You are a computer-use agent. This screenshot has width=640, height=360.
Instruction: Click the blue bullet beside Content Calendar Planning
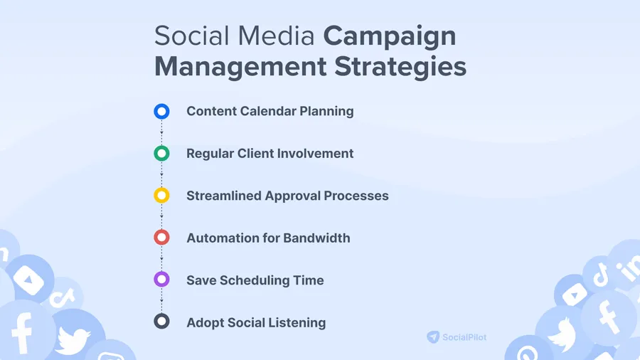point(161,111)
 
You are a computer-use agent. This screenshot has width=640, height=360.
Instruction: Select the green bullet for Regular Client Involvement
point(161,153)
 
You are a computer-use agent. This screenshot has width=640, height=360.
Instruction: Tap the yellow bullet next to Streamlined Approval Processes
point(161,195)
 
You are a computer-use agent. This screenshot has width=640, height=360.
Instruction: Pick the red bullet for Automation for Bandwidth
point(161,238)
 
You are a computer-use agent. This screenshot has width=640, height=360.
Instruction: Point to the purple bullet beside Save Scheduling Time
point(161,280)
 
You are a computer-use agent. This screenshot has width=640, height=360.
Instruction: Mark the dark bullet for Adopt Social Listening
point(161,322)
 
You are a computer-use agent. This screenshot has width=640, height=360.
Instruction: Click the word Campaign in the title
point(390,36)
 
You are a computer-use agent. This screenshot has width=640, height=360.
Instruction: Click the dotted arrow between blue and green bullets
point(161,132)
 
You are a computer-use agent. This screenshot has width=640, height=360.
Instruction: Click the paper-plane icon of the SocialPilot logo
point(433,337)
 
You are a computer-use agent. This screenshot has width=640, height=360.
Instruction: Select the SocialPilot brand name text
point(470,337)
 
